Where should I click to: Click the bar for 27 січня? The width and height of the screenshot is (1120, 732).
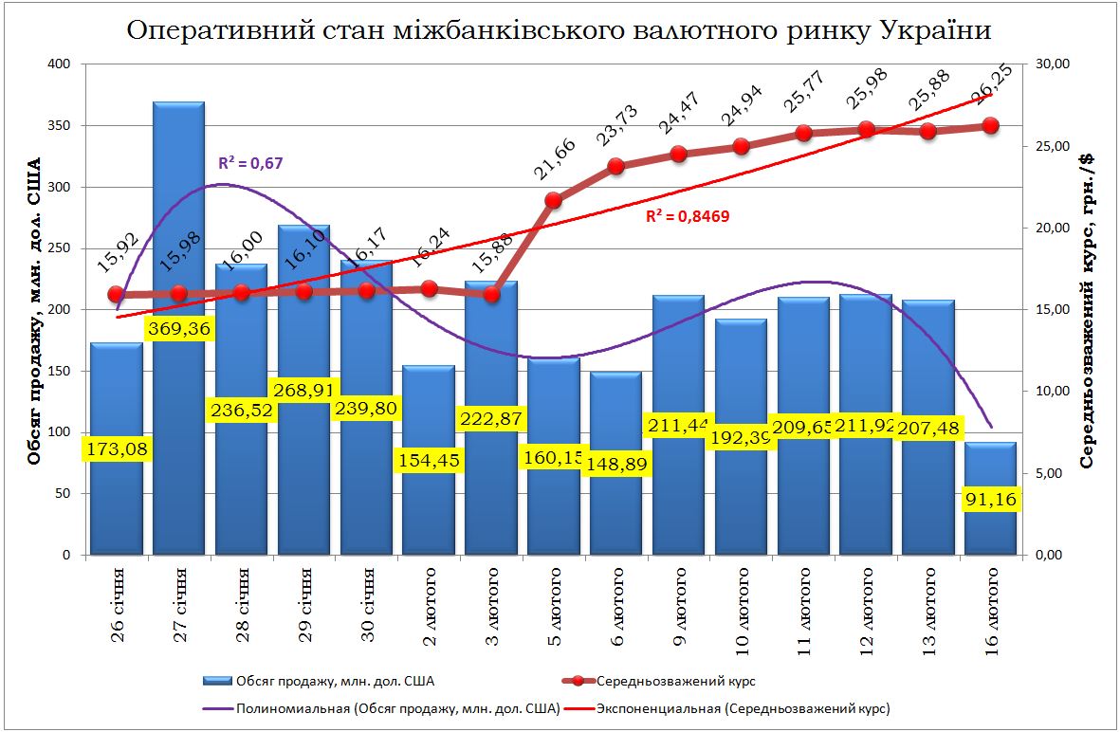pos(178,237)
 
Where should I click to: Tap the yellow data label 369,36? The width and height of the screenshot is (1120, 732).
pos(179,329)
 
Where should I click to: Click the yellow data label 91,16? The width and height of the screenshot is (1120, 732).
pos(990,500)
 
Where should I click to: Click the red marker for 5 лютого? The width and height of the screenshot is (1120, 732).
pos(554,200)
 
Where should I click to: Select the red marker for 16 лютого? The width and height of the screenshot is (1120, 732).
pos(990,125)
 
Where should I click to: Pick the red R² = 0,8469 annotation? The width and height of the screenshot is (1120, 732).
pos(688,216)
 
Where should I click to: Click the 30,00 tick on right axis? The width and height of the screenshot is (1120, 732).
pos(1056,64)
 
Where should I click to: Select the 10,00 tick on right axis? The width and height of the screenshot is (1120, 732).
pos(1056,392)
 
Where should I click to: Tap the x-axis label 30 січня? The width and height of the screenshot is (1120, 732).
pos(366,606)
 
